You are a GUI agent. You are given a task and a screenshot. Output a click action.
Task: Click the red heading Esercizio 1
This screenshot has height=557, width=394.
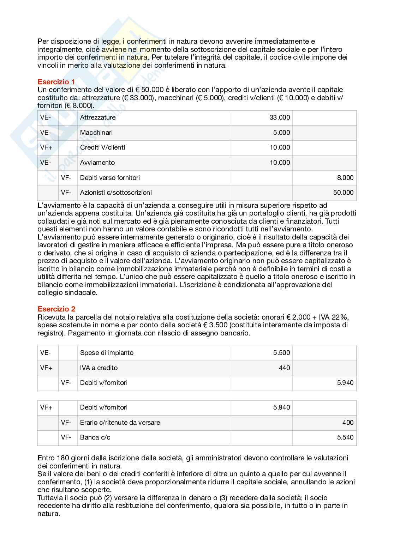point(56,82)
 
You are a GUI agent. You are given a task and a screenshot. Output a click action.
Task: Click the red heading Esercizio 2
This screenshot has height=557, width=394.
point(56,309)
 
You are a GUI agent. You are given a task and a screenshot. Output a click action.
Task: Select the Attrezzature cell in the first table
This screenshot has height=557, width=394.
point(98,117)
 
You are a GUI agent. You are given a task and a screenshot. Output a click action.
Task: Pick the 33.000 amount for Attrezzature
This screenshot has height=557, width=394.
point(280,117)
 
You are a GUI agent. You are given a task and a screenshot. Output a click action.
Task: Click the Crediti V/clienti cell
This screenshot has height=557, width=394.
point(102,147)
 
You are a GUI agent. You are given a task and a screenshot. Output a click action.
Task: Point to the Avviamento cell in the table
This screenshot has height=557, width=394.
point(97,163)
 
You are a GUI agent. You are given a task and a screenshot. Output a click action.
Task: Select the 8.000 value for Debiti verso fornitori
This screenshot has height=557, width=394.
point(345,178)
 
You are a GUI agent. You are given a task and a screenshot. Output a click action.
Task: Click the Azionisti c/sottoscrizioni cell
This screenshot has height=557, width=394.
point(116,193)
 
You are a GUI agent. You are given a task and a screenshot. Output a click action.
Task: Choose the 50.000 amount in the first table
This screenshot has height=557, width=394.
point(343,193)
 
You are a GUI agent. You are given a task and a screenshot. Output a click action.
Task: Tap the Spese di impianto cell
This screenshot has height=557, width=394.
point(107,353)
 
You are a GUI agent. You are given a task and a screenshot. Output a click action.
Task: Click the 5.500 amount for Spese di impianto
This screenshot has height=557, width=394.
point(281,353)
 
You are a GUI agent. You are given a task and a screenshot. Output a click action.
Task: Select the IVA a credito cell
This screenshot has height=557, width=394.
point(99,368)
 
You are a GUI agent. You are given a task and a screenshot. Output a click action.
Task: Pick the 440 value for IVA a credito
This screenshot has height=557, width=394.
point(284,368)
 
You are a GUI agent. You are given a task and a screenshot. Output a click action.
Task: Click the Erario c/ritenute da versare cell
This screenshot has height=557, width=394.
point(120,423)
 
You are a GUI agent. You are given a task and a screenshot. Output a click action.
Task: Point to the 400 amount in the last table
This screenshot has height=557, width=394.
point(348,423)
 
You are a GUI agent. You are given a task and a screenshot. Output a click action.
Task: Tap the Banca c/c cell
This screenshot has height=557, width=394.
point(95,437)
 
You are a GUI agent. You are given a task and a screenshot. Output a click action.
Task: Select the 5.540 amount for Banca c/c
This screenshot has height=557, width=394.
point(345,437)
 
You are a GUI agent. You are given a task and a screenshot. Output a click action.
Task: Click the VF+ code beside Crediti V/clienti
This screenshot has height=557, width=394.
point(46,147)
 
